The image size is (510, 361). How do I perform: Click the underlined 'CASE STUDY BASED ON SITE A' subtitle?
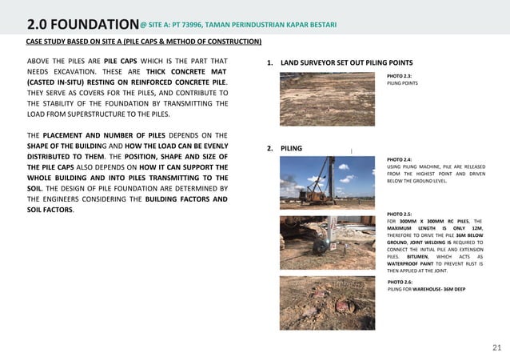[144, 41]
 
